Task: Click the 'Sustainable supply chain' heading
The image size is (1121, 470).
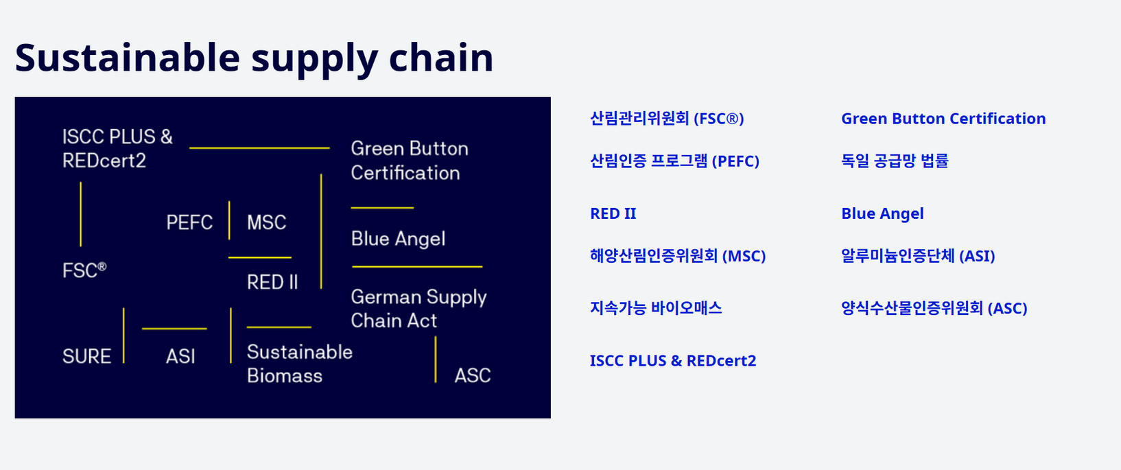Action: click(x=255, y=58)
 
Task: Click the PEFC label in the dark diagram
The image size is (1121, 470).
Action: click(x=189, y=222)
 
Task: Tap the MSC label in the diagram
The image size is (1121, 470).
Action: click(x=266, y=222)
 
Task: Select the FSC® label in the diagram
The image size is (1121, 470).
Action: click(x=84, y=270)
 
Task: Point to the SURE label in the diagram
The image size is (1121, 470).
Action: click(x=86, y=356)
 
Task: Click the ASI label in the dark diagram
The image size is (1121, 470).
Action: click(x=180, y=356)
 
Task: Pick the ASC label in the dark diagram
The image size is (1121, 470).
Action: click(x=473, y=375)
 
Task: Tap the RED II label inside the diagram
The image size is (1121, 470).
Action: click(x=272, y=282)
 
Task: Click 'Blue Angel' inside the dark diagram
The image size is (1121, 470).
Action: click(x=398, y=239)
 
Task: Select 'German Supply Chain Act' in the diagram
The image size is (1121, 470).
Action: click(x=418, y=309)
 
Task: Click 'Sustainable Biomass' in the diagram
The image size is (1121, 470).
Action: click(x=299, y=364)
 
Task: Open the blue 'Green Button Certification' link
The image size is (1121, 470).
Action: click(x=943, y=119)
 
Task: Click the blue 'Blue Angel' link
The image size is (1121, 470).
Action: click(x=882, y=213)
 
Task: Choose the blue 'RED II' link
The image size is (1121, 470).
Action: click(x=613, y=213)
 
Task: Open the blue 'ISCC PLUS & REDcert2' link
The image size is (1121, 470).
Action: click(x=673, y=361)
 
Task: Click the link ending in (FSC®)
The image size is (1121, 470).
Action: click(x=667, y=119)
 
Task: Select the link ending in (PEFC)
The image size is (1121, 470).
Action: click(x=674, y=161)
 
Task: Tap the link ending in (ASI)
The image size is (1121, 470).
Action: click(x=918, y=257)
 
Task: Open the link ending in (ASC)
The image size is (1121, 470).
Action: click(x=934, y=308)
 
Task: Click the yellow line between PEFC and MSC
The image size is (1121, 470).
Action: click(x=229, y=220)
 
